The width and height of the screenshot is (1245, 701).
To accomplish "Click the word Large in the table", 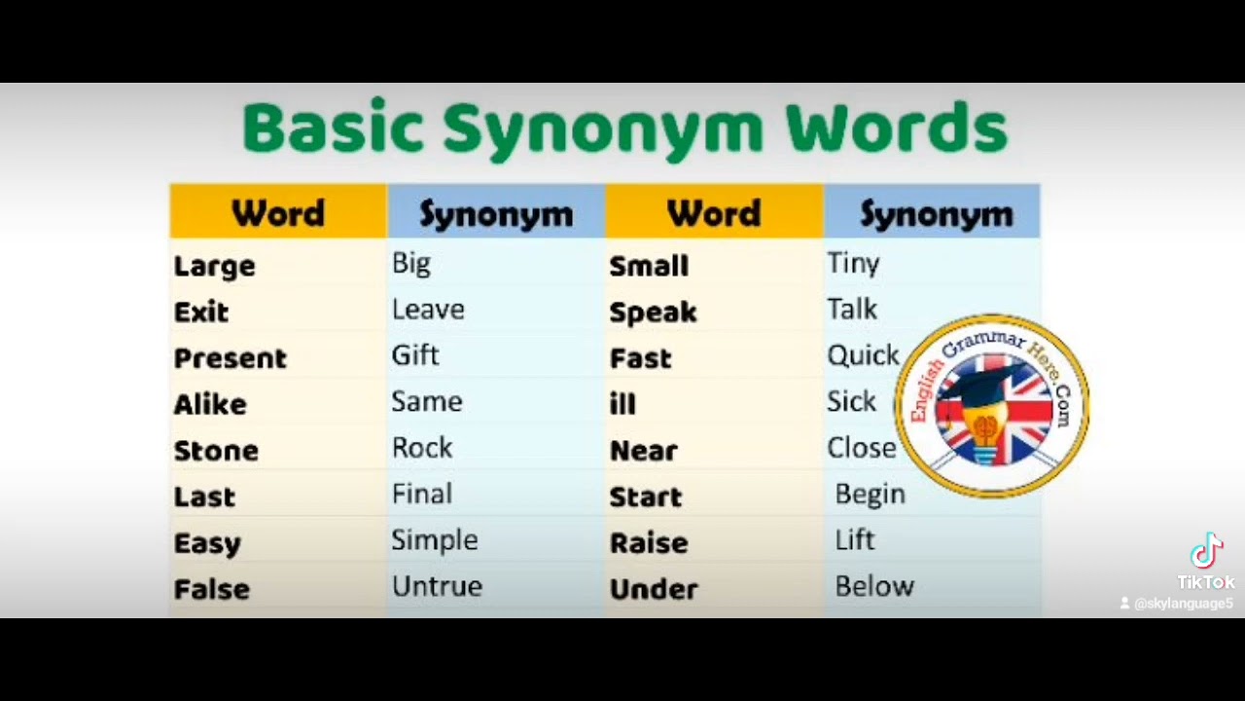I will (x=214, y=266).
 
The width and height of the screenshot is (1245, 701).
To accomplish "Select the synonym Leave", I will (x=428, y=310).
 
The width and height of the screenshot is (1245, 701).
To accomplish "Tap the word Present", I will (x=230, y=358).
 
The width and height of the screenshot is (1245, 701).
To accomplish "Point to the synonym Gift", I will (x=415, y=355).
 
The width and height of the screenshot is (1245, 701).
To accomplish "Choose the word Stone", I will (x=216, y=451).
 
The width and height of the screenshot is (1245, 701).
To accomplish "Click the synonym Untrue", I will (x=437, y=586).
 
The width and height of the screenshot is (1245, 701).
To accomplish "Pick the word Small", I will (x=649, y=266).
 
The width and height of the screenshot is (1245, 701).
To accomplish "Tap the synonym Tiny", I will (x=853, y=263).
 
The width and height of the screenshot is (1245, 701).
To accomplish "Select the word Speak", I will (x=653, y=313).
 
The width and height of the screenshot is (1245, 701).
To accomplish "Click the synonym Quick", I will (x=863, y=355).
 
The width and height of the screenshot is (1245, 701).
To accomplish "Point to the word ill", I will (x=622, y=404).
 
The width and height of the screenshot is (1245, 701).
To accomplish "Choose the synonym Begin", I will (x=870, y=495).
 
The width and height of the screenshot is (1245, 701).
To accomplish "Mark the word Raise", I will (x=649, y=543).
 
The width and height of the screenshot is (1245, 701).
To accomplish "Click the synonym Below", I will (x=874, y=586).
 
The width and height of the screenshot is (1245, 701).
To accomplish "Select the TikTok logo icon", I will (x=1206, y=551).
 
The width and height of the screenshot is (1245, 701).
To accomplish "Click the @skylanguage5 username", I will (x=1183, y=604).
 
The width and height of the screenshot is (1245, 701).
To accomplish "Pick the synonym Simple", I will (x=435, y=540).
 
